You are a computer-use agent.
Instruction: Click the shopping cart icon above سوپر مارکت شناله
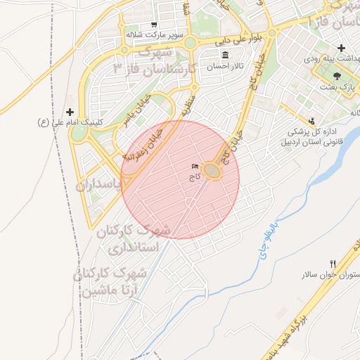click(154, 24)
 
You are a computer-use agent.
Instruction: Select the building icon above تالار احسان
click(225, 56)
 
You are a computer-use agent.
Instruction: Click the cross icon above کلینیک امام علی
click(70, 112)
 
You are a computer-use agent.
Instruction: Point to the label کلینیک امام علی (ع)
click(70, 122)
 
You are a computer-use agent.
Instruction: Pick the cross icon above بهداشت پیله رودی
click(341, 49)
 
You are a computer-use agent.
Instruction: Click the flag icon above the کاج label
click(195, 167)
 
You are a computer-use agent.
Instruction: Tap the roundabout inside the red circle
click(212, 171)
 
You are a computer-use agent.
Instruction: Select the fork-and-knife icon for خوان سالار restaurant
click(333, 264)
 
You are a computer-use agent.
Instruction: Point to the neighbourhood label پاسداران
click(98, 185)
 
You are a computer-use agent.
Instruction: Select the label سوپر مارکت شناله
click(155, 34)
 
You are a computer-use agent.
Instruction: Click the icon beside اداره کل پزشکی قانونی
click(311, 121)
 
